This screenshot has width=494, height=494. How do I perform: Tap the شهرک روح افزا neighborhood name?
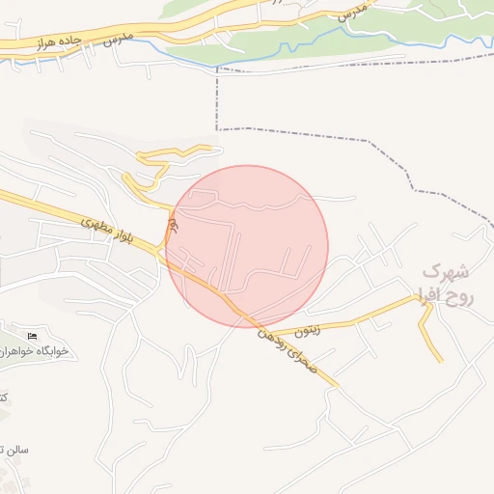(450, 284)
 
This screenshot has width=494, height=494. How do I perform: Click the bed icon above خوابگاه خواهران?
(33, 335)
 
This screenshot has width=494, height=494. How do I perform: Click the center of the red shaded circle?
(247, 246)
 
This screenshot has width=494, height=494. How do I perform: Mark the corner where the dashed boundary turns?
(217, 128)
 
